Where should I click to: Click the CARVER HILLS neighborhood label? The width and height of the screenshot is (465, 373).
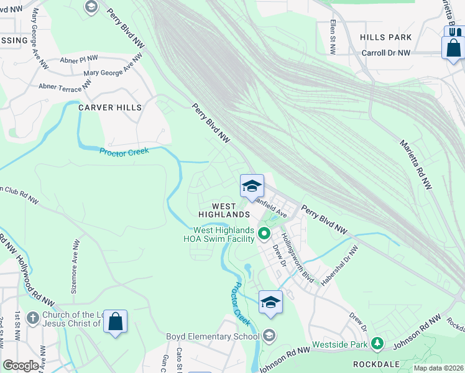[110, 108]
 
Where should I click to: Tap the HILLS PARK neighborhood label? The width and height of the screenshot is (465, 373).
[385, 37]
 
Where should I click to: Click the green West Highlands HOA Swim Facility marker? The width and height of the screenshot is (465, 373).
[264, 234]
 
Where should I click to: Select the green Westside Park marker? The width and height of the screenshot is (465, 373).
[376, 343]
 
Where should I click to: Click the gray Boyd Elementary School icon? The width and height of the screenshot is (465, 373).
[269, 336]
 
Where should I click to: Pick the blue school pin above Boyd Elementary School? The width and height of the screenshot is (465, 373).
[270, 302]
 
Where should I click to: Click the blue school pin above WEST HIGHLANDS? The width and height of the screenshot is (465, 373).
[252, 186]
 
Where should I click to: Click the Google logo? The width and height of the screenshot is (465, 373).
[21, 366]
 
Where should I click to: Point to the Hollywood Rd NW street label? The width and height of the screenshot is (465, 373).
[30, 274]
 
